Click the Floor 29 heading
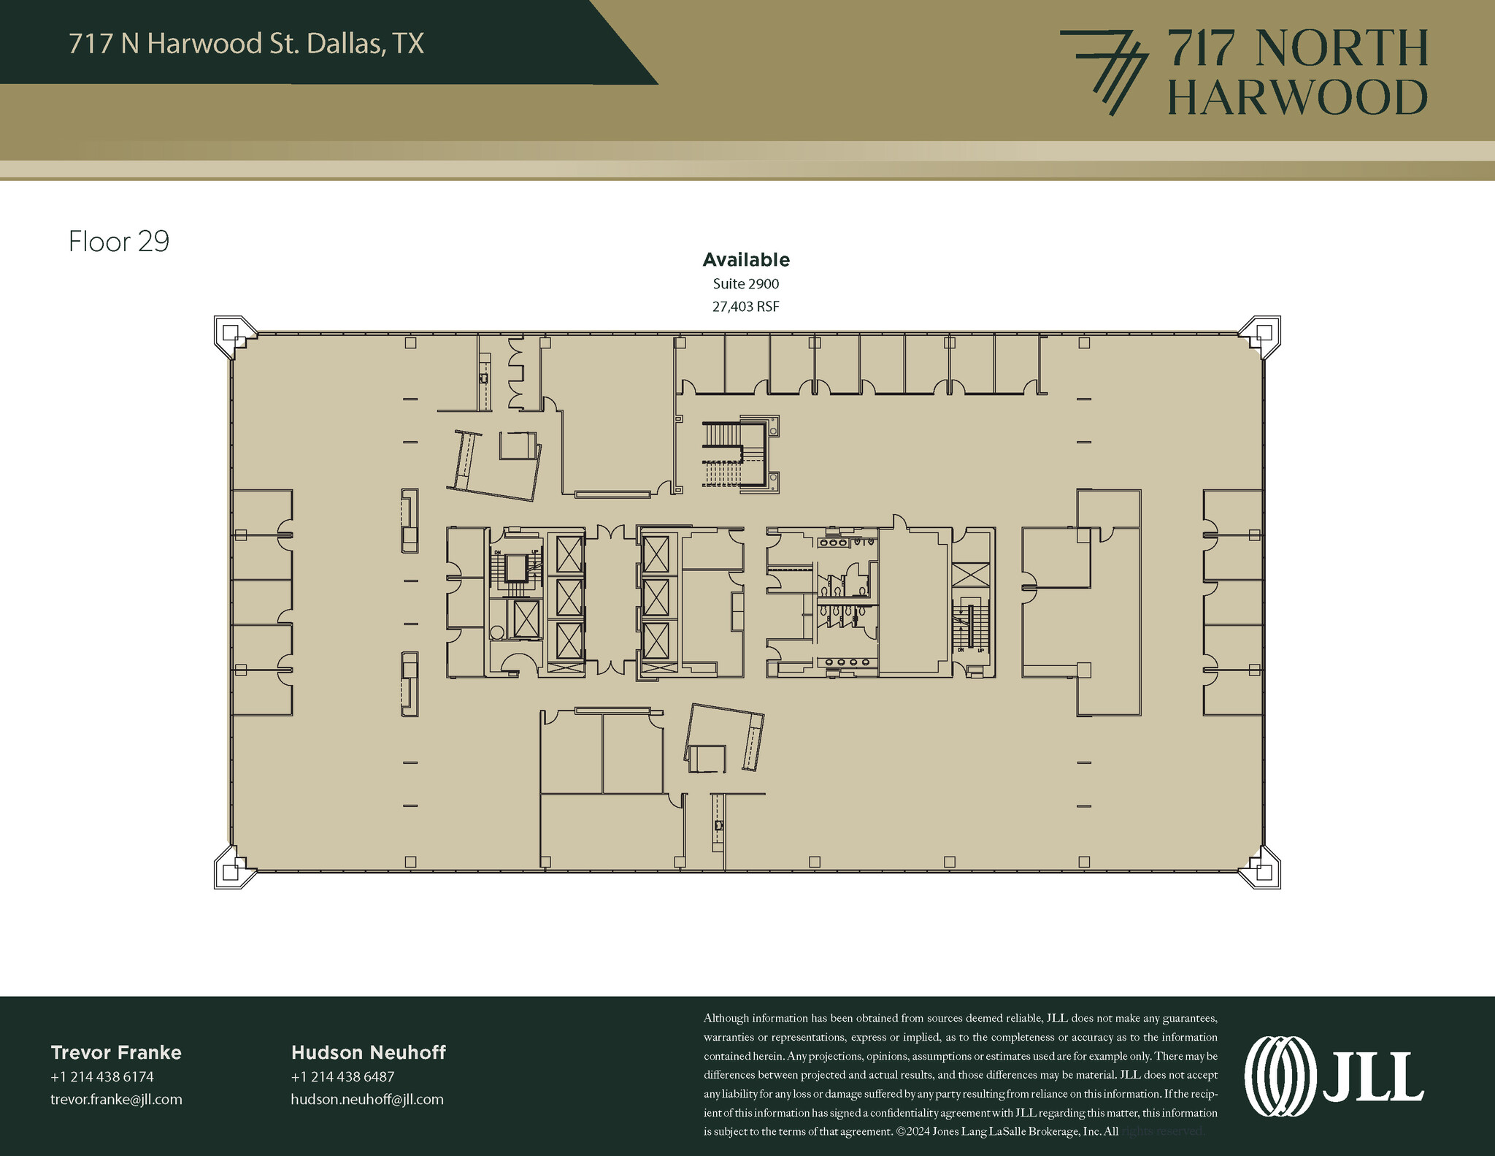coord(118,242)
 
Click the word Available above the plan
coord(745,260)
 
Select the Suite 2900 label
coord(745,283)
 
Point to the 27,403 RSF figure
coord(745,307)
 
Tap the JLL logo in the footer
coord(1333,1076)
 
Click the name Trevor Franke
coord(116,1052)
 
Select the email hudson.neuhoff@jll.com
coord(366,1100)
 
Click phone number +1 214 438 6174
coord(102,1076)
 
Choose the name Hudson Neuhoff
coord(368,1052)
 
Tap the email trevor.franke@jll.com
coord(116,1100)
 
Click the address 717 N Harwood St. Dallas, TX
coord(246,44)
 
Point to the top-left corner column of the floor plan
coord(232,335)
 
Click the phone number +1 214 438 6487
coord(342,1076)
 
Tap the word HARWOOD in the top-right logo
coord(1297,98)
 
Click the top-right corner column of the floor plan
coord(1262,335)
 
